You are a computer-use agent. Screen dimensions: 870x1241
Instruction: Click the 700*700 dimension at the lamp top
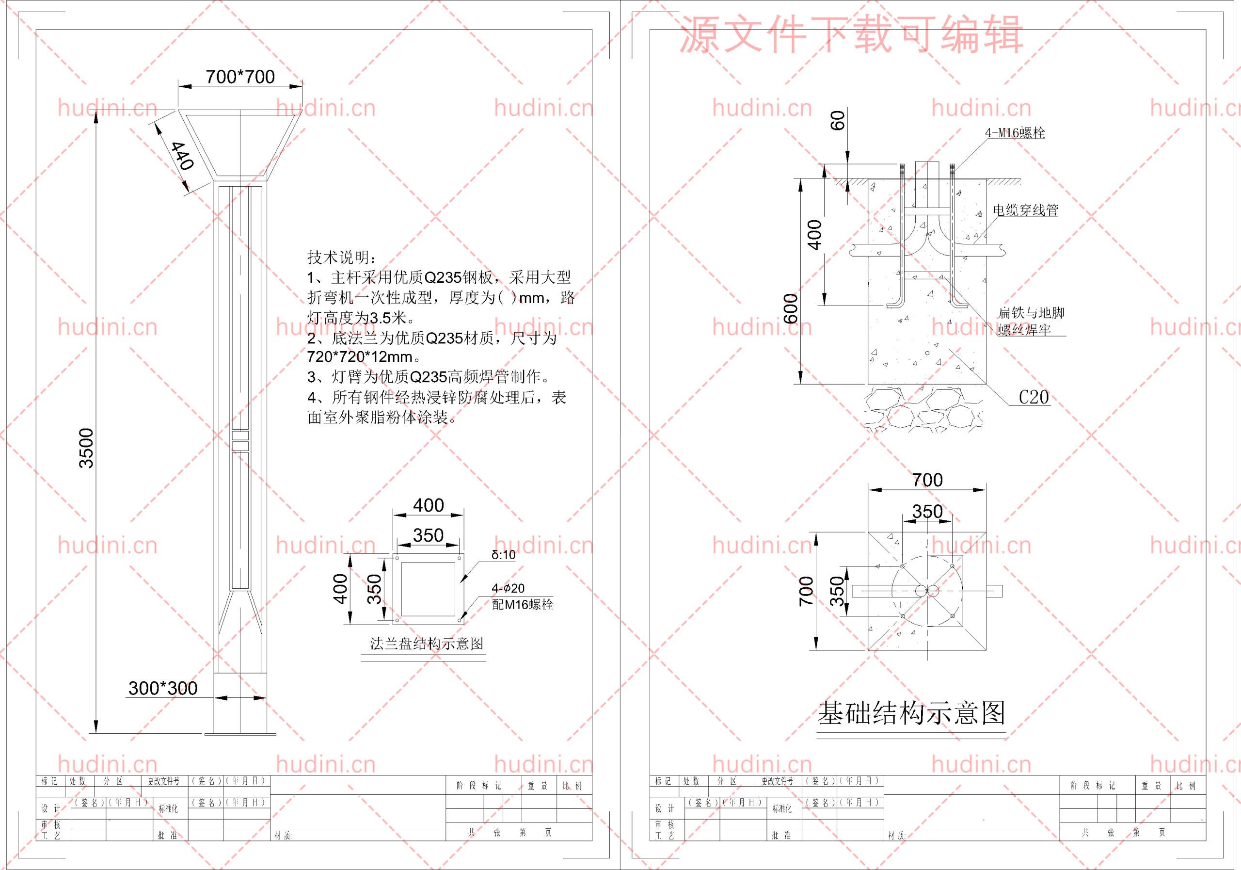click(x=240, y=77)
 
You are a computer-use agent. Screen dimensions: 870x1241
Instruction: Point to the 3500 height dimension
click(x=86, y=448)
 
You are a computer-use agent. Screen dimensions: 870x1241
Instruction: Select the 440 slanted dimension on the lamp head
click(x=182, y=156)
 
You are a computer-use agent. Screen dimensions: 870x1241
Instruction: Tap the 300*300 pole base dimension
click(x=163, y=688)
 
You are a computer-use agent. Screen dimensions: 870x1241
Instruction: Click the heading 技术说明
click(x=342, y=258)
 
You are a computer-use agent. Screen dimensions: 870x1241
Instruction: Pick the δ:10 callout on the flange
click(x=503, y=555)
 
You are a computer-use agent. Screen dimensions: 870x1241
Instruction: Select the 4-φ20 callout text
click(x=508, y=588)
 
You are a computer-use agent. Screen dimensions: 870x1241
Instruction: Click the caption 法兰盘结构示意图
click(x=427, y=644)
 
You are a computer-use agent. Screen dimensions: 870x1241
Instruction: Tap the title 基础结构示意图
click(x=911, y=713)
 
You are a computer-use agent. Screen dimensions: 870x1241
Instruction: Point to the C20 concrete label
click(x=1034, y=398)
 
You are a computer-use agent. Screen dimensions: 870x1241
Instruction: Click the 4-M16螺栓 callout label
click(x=1015, y=133)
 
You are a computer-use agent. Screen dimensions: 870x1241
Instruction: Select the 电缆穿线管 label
click(x=1025, y=210)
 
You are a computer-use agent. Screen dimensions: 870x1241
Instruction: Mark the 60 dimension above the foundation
click(x=837, y=121)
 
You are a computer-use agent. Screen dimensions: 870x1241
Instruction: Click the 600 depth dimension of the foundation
click(x=791, y=308)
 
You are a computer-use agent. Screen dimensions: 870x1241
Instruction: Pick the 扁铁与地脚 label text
click(x=1031, y=312)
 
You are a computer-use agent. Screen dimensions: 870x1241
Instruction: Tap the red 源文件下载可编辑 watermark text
click(x=851, y=34)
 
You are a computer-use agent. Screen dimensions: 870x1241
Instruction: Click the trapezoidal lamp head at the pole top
click(x=240, y=143)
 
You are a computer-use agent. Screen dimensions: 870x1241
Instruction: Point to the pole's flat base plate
click(x=240, y=734)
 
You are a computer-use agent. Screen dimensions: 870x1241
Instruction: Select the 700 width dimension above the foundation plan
click(x=927, y=480)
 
